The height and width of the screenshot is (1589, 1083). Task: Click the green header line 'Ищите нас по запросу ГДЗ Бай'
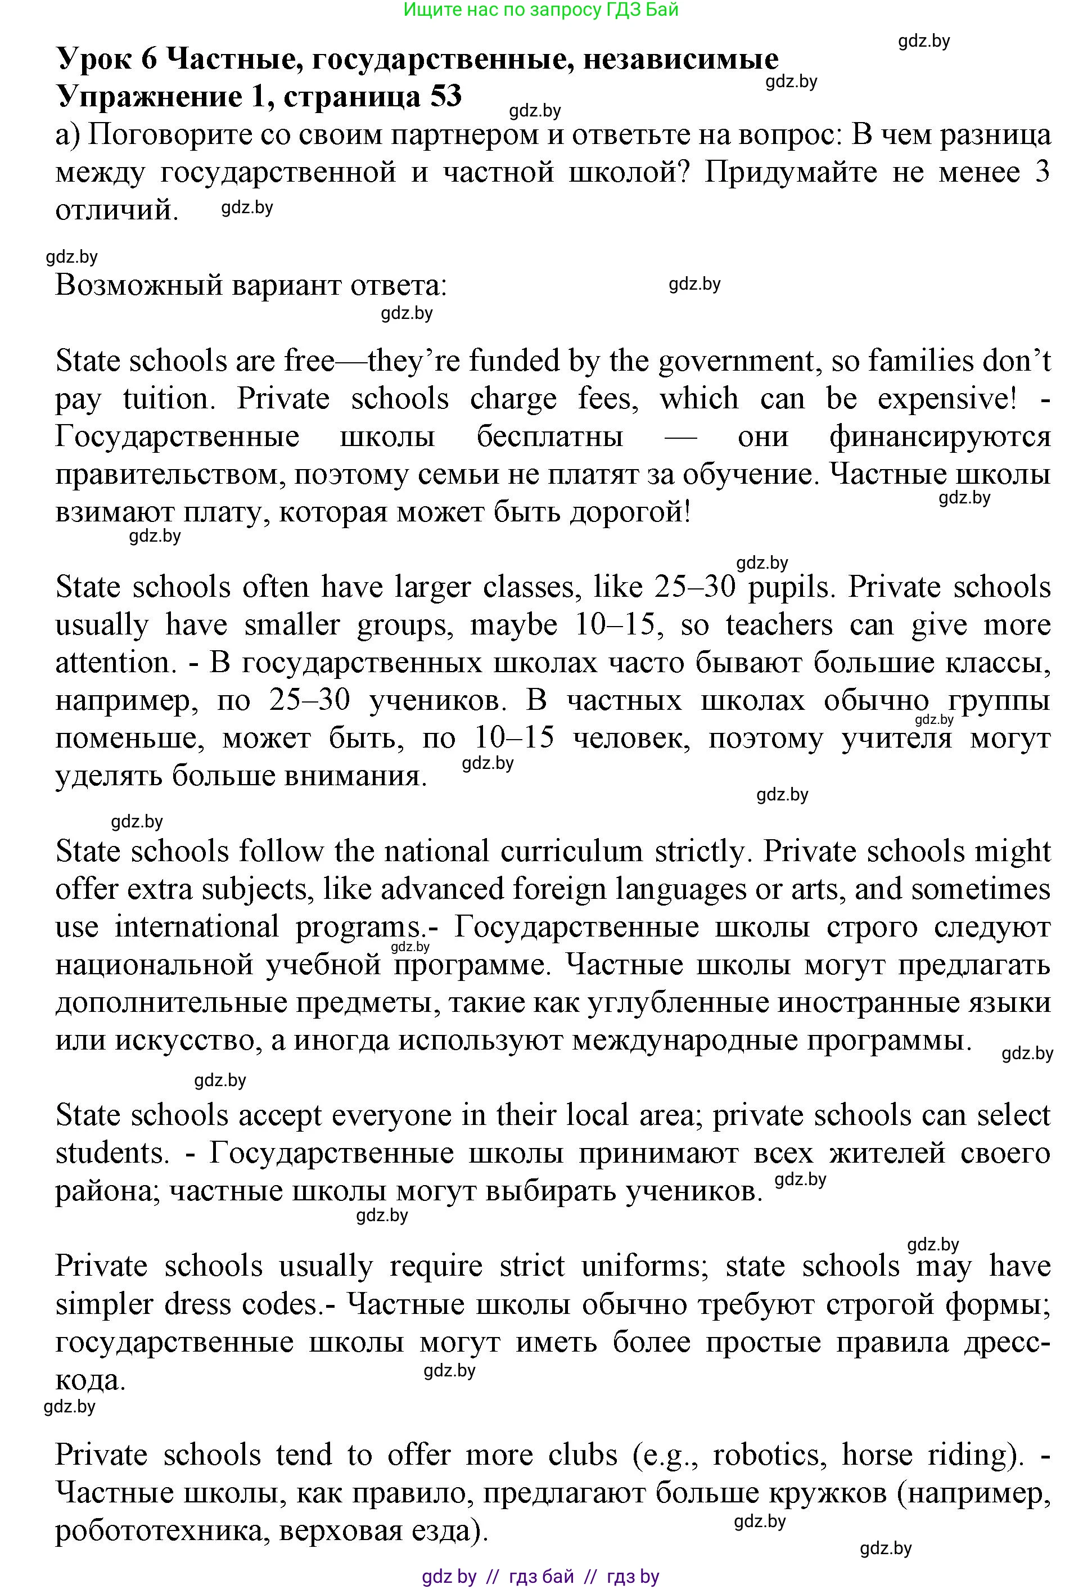pos(540,10)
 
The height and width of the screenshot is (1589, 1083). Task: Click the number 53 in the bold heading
pos(446,96)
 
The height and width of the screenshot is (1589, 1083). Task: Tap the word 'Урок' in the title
pos(95,60)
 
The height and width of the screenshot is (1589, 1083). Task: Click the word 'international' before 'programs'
pos(197,927)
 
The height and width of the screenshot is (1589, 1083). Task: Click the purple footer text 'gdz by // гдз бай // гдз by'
pos(540,1577)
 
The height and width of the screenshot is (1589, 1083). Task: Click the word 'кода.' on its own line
pos(90,1380)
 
